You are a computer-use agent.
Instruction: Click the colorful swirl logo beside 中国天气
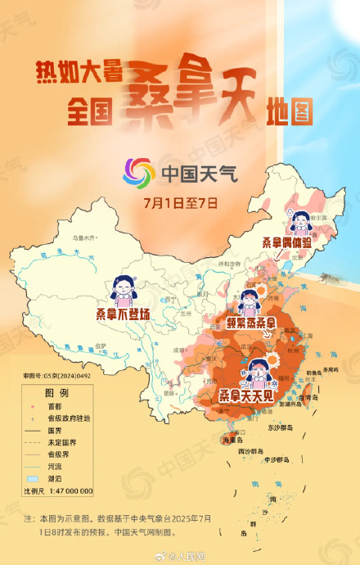click(x=138, y=172)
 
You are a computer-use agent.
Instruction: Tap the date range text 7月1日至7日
click(x=180, y=201)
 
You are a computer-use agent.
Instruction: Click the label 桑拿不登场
click(x=123, y=314)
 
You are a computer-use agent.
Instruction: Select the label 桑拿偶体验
click(x=286, y=243)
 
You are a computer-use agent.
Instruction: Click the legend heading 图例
click(x=57, y=392)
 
